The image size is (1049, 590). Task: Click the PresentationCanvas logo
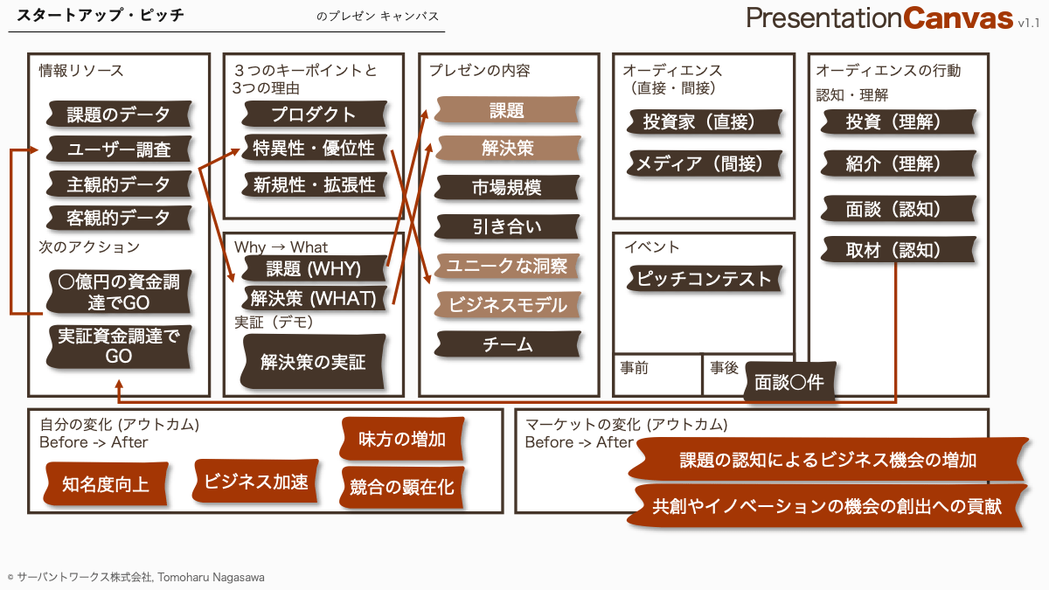point(893,18)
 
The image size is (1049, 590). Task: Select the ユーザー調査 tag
point(119,149)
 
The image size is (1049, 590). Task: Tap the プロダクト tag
point(314,115)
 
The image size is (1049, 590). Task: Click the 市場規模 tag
point(507,187)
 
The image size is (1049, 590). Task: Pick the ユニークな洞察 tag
point(507,266)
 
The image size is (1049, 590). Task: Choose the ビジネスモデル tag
point(507,305)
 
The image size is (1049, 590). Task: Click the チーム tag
point(507,344)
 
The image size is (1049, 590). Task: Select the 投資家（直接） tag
point(705,121)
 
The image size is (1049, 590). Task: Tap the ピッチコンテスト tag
point(705,279)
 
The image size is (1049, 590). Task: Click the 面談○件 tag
point(789,382)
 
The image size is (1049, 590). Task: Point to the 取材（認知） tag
point(899,250)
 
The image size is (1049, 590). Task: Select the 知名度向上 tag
point(106,484)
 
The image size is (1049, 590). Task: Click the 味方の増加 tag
point(402,439)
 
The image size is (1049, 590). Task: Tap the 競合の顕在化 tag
point(402,488)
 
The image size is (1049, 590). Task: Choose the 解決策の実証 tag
point(313,362)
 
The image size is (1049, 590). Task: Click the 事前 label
point(635,368)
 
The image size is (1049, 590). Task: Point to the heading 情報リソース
point(81,71)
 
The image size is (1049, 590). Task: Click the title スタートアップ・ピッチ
point(101,16)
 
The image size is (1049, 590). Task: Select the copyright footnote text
point(135,578)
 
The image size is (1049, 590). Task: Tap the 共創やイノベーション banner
point(827,506)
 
